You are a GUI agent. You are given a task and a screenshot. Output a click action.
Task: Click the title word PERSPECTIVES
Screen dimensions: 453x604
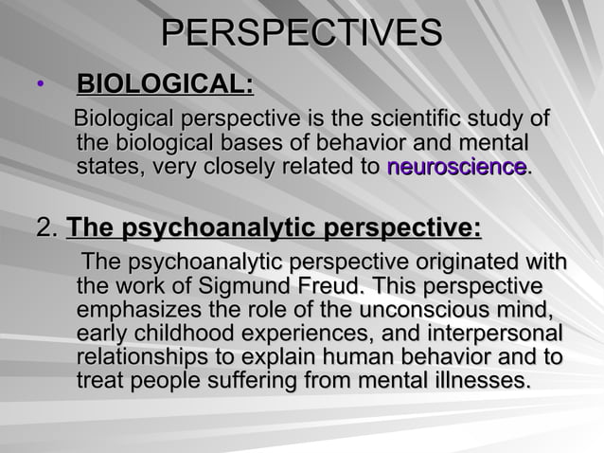coord(301,33)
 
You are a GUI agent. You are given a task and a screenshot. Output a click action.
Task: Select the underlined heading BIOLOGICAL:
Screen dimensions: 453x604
coord(164,87)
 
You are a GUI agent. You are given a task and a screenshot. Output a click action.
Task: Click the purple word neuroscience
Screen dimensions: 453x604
coord(456,169)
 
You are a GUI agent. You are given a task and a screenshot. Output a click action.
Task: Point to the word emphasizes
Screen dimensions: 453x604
coord(137,310)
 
